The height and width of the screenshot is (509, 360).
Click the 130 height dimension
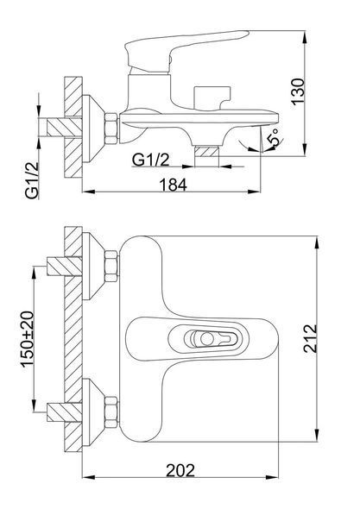298,91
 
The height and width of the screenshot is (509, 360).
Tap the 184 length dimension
174,185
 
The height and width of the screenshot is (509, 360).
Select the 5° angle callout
274,137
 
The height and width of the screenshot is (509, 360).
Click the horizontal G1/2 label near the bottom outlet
151,160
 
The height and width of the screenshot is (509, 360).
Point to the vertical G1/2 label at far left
32,180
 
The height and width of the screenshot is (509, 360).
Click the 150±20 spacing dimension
28,339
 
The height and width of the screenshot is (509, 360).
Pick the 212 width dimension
310,338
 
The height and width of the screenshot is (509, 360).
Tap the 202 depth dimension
180,470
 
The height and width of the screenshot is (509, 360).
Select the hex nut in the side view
111,129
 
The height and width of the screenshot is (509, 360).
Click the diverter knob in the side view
212,97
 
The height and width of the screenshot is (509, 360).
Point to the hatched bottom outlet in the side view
206,152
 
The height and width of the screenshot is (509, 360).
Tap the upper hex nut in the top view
111,267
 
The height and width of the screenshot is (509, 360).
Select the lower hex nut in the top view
111,412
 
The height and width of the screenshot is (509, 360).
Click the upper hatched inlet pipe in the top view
65,267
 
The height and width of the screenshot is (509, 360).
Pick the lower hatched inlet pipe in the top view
65,412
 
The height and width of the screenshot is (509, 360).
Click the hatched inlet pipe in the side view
65,128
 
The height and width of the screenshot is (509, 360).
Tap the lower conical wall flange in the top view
93,412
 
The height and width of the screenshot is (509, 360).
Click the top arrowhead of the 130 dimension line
305,37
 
